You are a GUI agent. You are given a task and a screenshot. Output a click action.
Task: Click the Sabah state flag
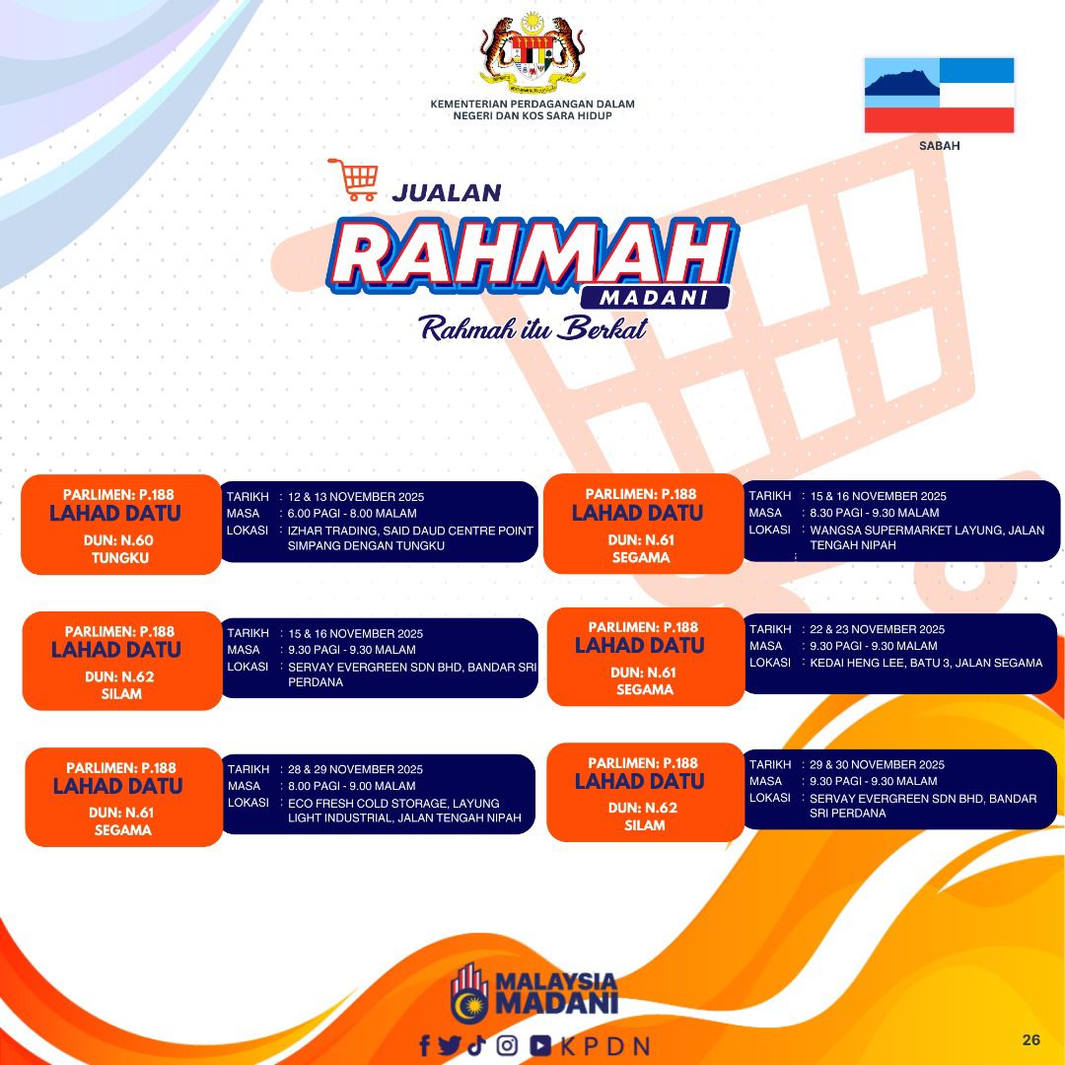(939, 95)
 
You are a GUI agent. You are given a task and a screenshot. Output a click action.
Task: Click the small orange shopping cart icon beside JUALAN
(352, 179)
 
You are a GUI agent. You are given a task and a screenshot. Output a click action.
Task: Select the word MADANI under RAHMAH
(654, 298)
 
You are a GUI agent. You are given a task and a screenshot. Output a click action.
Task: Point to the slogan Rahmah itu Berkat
(532, 328)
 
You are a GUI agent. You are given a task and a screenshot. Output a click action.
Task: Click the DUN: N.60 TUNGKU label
(119, 549)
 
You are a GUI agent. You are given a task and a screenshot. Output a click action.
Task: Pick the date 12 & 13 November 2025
(356, 496)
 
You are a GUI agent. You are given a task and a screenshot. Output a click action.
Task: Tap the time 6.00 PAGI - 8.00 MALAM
(352, 514)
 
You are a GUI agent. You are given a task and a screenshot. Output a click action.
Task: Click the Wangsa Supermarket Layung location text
(927, 537)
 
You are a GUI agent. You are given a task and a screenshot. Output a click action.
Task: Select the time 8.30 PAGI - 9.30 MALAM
(874, 513)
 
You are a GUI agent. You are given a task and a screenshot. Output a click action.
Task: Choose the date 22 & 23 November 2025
(877, 629)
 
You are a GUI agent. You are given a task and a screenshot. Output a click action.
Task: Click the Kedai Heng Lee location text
(926, 663)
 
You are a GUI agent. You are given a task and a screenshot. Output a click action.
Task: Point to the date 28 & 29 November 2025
(355, 769)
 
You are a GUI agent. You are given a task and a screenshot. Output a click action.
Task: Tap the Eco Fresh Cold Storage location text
(404, 811)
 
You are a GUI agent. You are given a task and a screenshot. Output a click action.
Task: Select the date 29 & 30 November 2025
(877, 765)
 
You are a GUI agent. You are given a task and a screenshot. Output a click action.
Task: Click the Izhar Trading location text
(410, 538)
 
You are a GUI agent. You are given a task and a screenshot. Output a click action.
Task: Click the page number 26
(1030, 1040)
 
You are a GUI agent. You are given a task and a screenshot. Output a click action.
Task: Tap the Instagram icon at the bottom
(507, 1045)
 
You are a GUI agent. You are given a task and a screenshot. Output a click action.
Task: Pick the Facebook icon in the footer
(425, 1045)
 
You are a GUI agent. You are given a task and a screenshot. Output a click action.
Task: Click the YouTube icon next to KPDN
(540, 1045)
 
